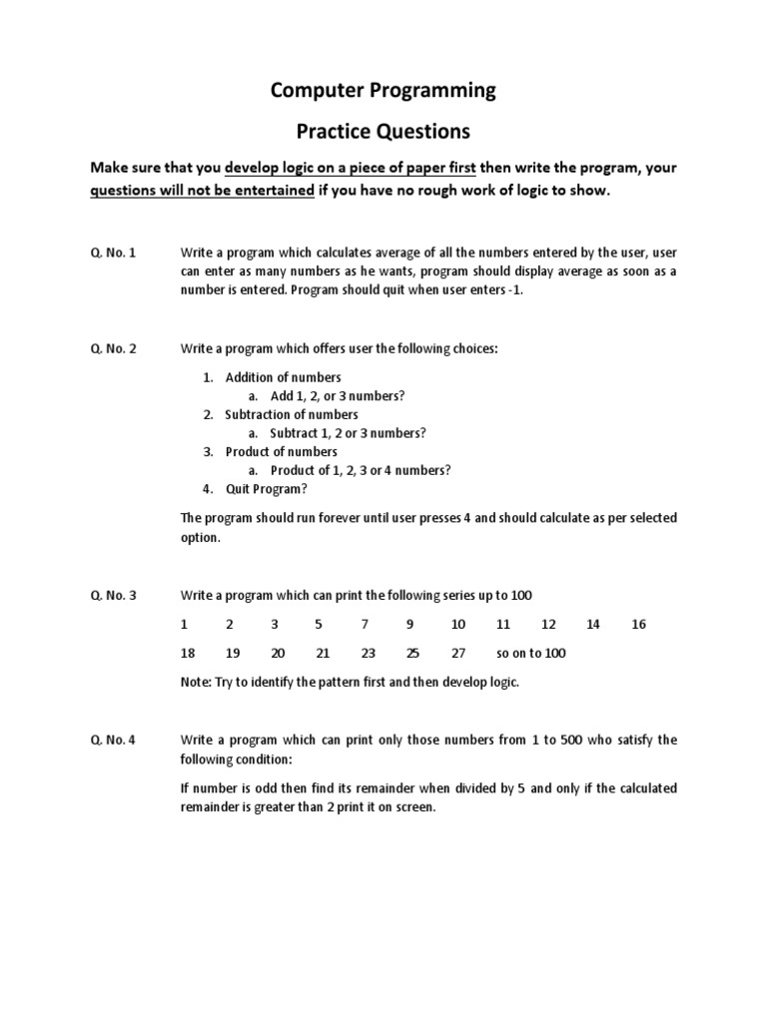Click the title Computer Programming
tap(383, 91)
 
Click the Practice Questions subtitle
tap(383, 131)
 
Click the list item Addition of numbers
tap(283, 377)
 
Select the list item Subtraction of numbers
tap(291, 414)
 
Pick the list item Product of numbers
tap(281, 451)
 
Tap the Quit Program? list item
tap(267, 489)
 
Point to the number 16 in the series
tap(639, 625)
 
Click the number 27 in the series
tap(458, 653)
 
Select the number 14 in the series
tap(593, 625)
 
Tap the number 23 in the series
tap(368, 653)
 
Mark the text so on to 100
tap(530, 653)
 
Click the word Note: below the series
tap(195, 683)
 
